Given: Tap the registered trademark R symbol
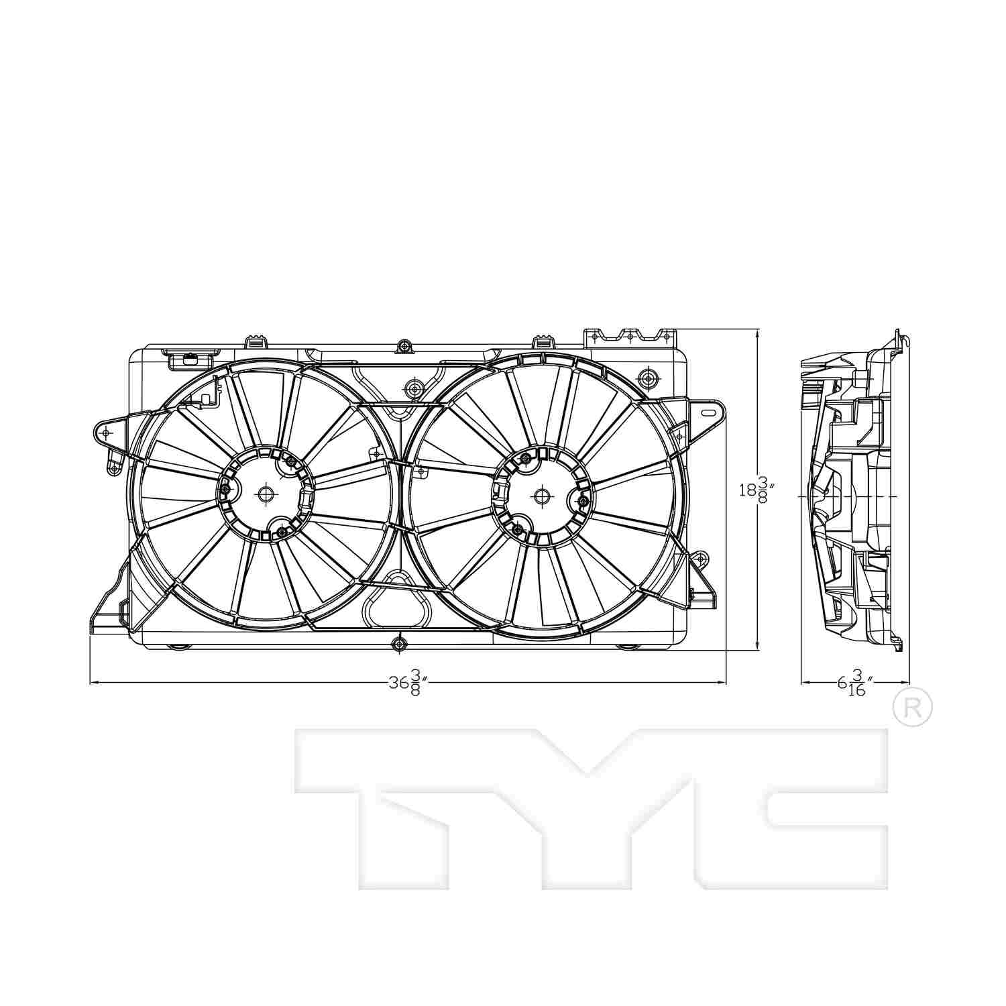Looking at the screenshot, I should pos(913,707).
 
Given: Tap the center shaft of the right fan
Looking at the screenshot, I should pos(541,496).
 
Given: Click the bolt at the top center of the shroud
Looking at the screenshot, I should pos(404,346).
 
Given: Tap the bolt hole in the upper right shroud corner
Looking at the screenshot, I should pos(647,379).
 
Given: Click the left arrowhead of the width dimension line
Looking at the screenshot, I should pos(92,683).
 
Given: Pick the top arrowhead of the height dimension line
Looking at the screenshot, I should pos(757,332).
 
